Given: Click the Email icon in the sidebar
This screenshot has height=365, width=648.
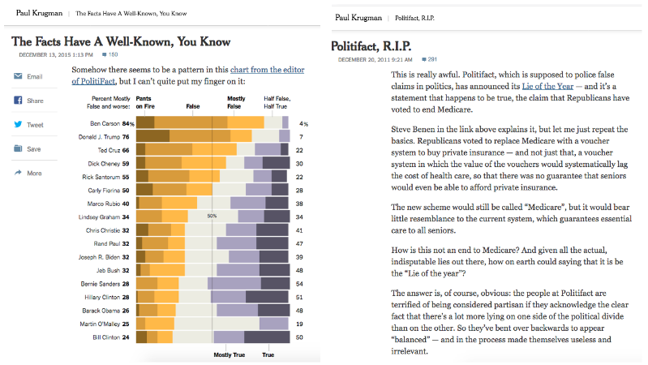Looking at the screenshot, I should click(x=17, y=76).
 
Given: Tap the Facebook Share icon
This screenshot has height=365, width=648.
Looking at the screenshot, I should click(x=17, y=101).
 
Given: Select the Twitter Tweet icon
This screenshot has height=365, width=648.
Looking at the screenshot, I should click(x=17, y=125).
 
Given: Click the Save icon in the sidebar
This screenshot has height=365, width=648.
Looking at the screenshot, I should click(x=17, y=149).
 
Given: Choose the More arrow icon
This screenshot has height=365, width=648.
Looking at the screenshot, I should click(x=17, y=173).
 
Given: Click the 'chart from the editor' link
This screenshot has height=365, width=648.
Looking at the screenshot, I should click(x=267, y=70).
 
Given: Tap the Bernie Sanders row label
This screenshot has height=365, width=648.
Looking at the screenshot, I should click(x=102, y=285).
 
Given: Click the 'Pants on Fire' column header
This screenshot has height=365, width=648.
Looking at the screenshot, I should click(x=147, y=101).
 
